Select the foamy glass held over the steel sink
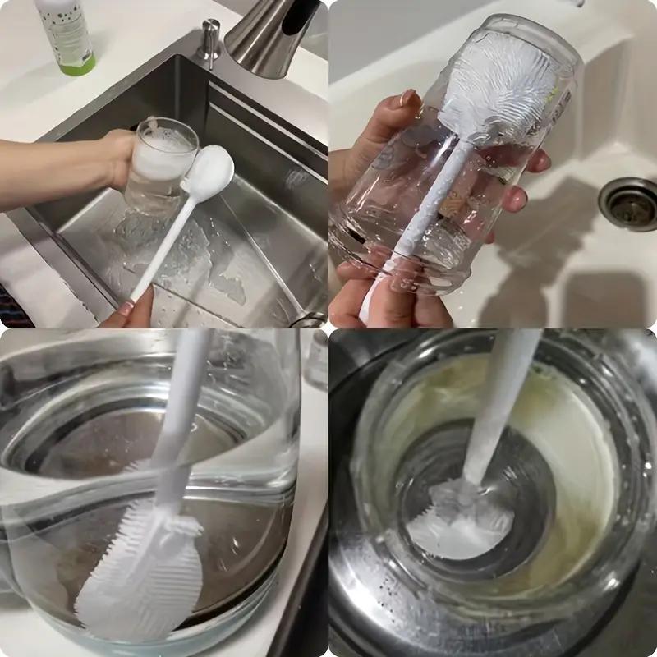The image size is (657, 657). (x=160, y=164)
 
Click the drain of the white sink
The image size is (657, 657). (x=629, y=202)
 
